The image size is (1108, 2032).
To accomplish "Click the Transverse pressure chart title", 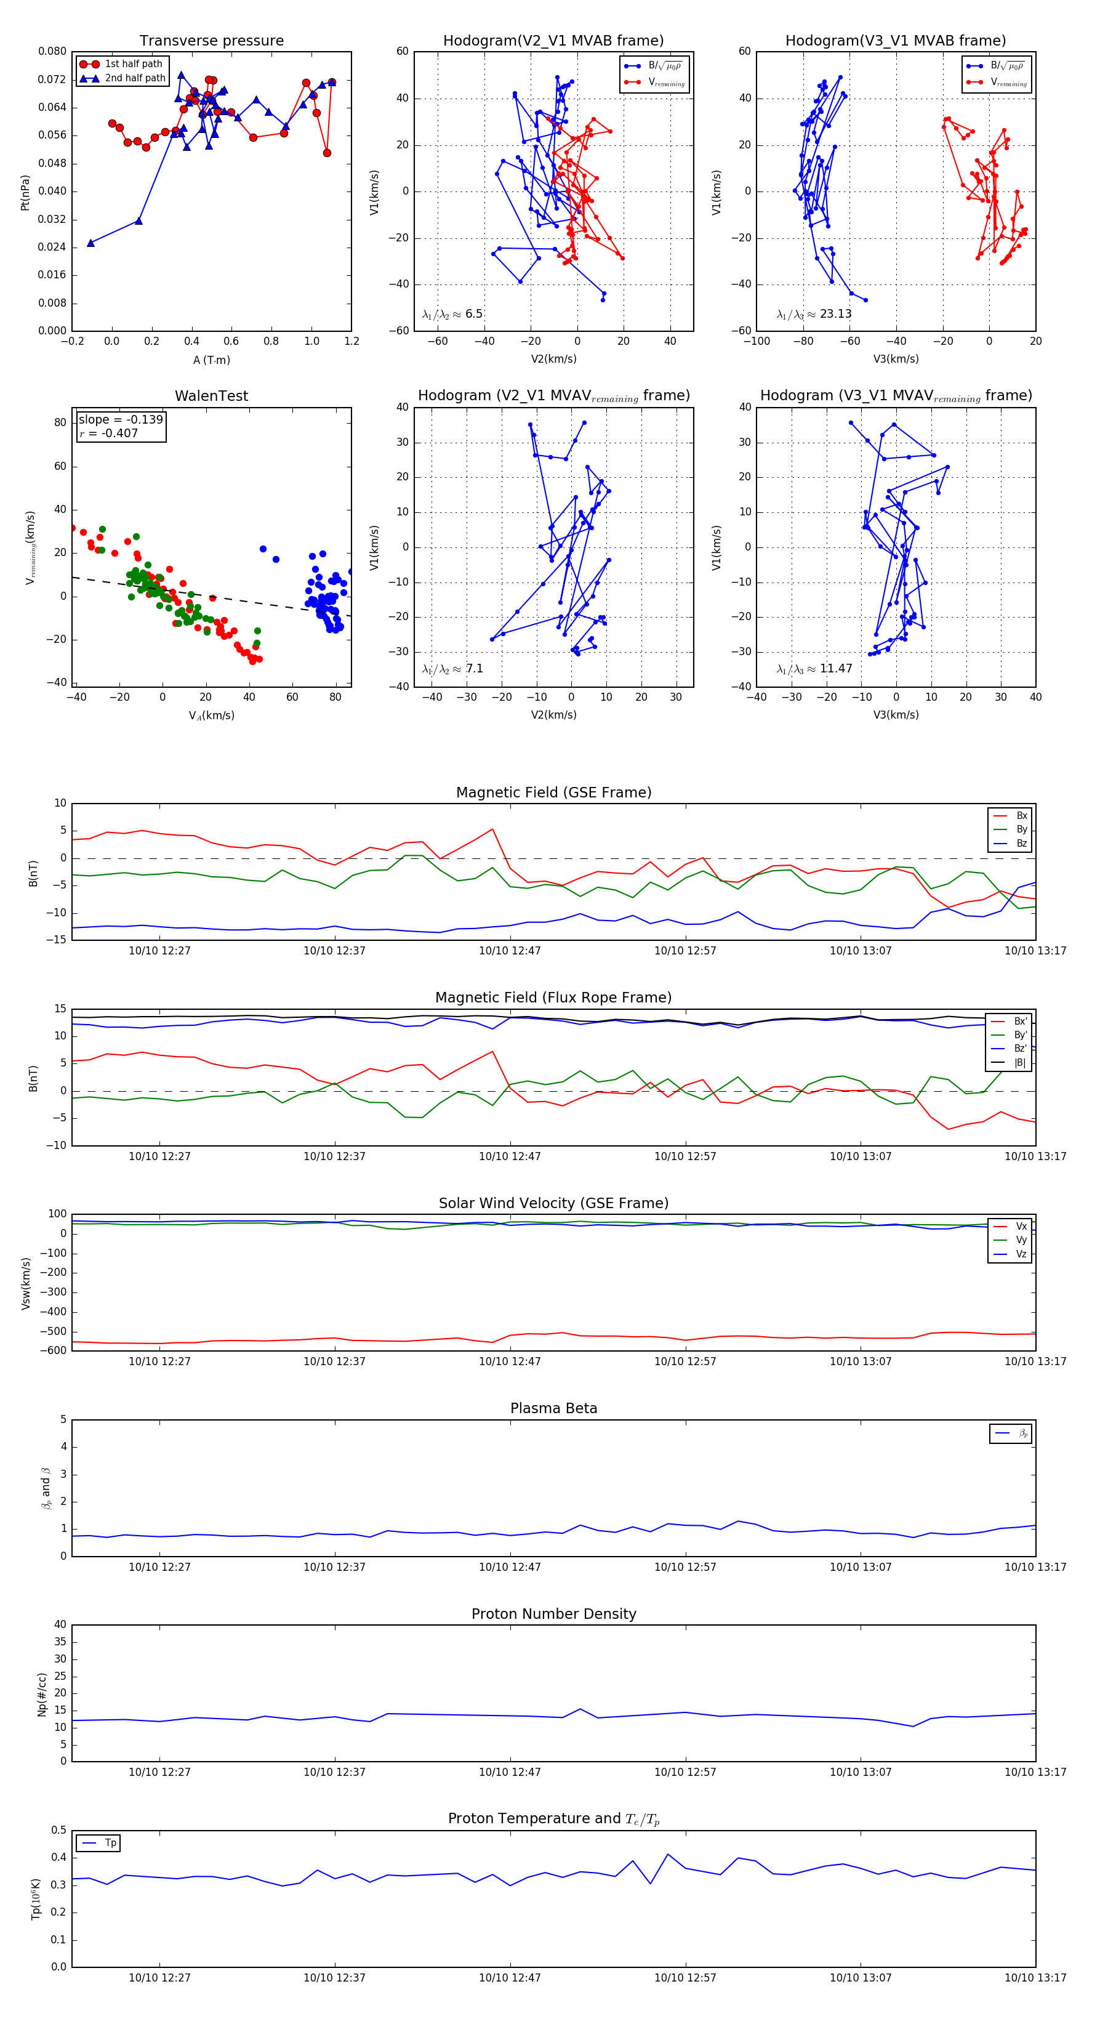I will (211, 41).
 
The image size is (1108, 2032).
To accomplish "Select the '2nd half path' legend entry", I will (135, 78).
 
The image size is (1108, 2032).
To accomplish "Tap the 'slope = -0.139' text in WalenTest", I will (121, 420).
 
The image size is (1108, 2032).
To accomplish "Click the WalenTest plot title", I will (211, 396).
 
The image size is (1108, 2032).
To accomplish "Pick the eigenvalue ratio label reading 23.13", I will (814, 314).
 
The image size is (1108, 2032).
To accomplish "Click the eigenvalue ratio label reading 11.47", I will (814, 669).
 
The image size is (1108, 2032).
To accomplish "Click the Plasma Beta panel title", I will (553, 1408).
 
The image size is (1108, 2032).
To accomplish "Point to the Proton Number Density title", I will (553, 1614).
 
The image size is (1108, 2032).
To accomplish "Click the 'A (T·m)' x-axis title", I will (211, 360).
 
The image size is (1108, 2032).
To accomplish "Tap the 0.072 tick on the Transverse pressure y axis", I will (52, 79).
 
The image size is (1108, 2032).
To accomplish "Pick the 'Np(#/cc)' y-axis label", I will (42, 1693).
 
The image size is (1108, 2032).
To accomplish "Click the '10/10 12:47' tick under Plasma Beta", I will (510, 1566).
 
